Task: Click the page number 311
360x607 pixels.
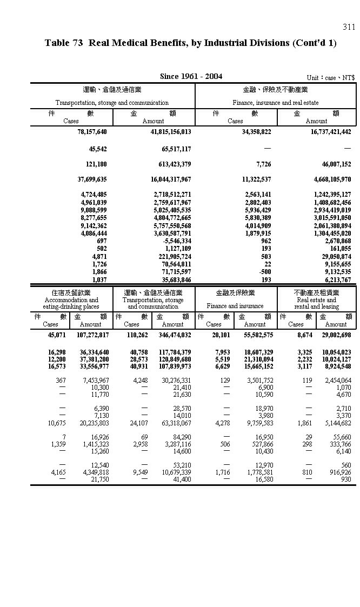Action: pos(349,27)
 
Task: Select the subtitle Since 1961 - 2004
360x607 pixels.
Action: pos(191,76)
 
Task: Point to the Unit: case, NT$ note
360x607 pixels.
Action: pos(330,77)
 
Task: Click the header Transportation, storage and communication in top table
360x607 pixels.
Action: pos(112,102)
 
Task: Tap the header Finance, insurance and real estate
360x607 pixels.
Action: pos(275,102)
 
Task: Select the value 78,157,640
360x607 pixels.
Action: pos(92,131)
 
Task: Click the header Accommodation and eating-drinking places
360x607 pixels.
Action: pos(71,303)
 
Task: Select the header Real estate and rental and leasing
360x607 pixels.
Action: pos(316,303)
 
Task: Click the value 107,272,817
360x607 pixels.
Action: pos(92,336)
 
